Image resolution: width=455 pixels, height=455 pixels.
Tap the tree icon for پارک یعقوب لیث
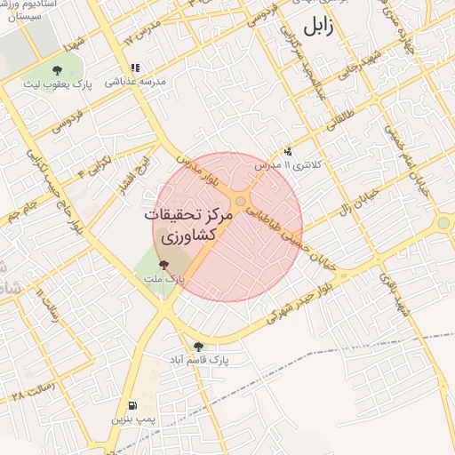(x=58, y=68)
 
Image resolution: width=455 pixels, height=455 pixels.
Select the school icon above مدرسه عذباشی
(x=134, y=67)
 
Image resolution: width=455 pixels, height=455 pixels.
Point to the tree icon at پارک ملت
(x=162, y=264)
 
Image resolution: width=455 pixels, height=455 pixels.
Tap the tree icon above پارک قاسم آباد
(x=197, y=347)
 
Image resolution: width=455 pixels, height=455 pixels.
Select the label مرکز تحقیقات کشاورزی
(x=191, y=227)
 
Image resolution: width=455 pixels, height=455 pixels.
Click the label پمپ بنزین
(x=132, y=416)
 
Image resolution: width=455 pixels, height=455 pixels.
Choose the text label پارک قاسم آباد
(x=200, y=361)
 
